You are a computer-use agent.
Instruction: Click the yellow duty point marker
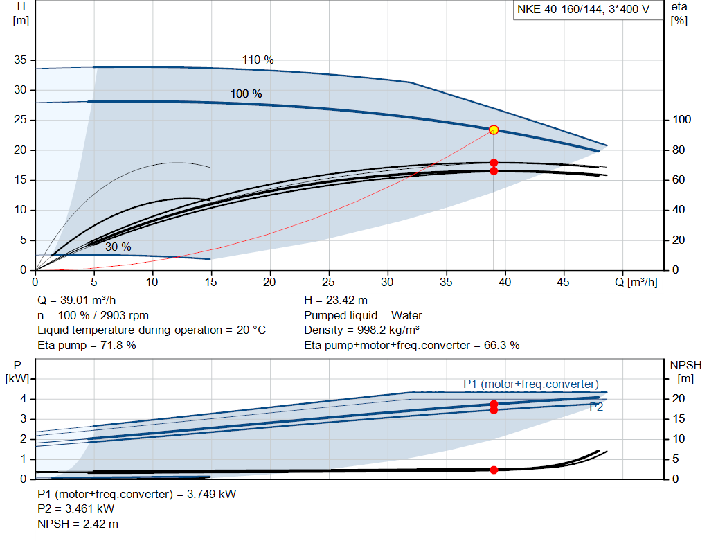coord(494,130)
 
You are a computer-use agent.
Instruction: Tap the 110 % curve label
coord(258,60)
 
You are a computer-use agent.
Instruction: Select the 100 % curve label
coord(246,94)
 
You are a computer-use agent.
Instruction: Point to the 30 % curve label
coord(118,247)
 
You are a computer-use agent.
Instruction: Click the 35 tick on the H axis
coord(21,60)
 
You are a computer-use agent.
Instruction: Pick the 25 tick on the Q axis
coord(329,282)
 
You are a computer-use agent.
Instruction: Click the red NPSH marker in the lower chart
coord(494,470)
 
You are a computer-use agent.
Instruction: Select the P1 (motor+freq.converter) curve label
coord(531,384)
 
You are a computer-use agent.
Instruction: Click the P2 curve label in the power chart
coord(595,407)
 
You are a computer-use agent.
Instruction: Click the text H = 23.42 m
coord(337,300)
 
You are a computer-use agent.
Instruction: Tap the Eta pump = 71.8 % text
coord(87,344)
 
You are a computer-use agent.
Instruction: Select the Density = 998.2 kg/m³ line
coord(362,330)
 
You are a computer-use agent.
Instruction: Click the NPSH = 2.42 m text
coord(78,524)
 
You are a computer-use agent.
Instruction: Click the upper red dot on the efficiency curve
coord(494,163)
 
